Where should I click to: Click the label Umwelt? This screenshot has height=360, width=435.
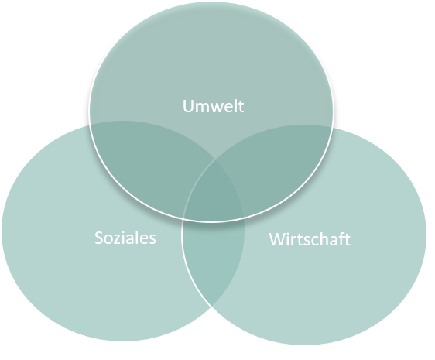click(213, 106)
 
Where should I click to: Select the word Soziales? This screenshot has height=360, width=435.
click(125, 238)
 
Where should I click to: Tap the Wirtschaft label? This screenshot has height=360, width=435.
click(310, 239)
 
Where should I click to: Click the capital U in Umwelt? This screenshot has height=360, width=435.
click(188, 106)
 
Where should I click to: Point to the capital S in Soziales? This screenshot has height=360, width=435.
click(98, 238)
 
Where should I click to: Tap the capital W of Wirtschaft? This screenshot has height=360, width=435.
click(277, 239)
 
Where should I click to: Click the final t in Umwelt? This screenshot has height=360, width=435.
click(241, 107)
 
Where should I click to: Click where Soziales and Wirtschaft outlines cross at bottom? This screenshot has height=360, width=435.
click(212, 307)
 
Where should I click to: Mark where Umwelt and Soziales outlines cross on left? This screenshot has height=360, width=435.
click(91, 125)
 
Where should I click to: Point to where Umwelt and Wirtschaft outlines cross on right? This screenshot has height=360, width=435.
click(333, 127)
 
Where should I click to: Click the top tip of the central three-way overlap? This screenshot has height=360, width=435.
click(215, 159)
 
